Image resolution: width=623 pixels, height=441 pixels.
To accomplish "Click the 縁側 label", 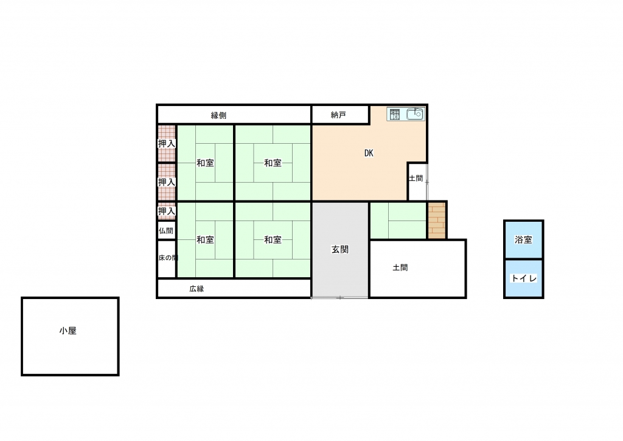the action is click(x=218, y=115).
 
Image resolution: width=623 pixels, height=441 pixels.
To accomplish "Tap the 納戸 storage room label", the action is click(x=338, y=115).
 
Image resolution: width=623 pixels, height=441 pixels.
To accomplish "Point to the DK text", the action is click(x=369, y=153).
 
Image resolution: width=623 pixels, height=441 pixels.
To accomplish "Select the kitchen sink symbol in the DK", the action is click(x=415, y=115).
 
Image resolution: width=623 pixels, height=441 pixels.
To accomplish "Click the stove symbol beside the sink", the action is click(x=394, y=115).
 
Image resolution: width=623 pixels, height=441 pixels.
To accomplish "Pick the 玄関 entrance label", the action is click(x=340, y=249).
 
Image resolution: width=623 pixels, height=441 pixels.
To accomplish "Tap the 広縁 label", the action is click(x=197, y=289).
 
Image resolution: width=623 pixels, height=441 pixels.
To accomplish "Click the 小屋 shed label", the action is click(x=68, y=331).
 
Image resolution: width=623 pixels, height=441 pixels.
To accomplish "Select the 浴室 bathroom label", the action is click(x=523, y=239).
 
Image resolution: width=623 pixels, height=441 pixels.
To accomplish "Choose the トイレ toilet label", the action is click(x=524, y=278).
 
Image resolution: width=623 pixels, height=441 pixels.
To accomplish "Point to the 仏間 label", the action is click(x=166, y=231).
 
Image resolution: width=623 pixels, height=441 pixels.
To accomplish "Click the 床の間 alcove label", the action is click(x=168, y=258).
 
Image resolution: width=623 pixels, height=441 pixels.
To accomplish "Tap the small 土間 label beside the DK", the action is click(x=416, y=178).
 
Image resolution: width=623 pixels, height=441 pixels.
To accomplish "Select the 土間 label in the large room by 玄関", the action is click(x=400, y=267).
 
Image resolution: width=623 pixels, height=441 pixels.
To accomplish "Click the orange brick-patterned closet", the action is click(x=437, y=220).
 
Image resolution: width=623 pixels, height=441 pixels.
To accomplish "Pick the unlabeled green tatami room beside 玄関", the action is click(x=398, y=220).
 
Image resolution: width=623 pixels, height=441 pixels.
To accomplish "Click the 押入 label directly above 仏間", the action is click(x=167, y=211).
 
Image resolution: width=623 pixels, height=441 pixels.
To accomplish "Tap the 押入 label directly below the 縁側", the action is click(x=167, y=144).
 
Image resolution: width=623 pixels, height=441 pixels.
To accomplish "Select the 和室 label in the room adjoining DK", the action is click(x=273, y=163).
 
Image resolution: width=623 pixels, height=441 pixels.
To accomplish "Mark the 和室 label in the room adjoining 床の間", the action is click(x=206, y=239).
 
